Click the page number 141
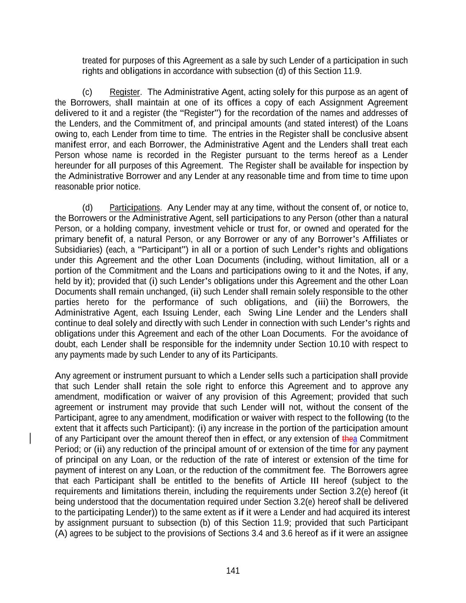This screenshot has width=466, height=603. point(233,571)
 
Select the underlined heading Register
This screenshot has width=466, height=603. point(125,92)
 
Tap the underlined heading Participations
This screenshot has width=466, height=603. point(135,208)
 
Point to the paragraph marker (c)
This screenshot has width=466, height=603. point(87,92)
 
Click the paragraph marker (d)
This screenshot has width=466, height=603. point(87,208)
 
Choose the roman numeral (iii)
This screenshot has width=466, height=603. point(322,303)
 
